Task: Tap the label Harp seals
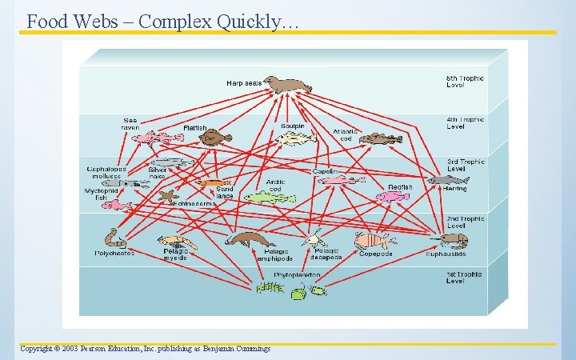tap(243, 82)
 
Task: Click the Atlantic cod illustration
tap(380, 139)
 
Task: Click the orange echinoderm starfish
tap(167, 194)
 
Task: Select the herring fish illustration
tap(447, 181)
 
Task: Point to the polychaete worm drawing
tap(115, 238)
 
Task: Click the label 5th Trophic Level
tap(465, 82)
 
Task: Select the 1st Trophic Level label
tap(465, 278)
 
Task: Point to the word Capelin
tap(325, 172)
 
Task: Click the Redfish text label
tap(399, 186)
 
